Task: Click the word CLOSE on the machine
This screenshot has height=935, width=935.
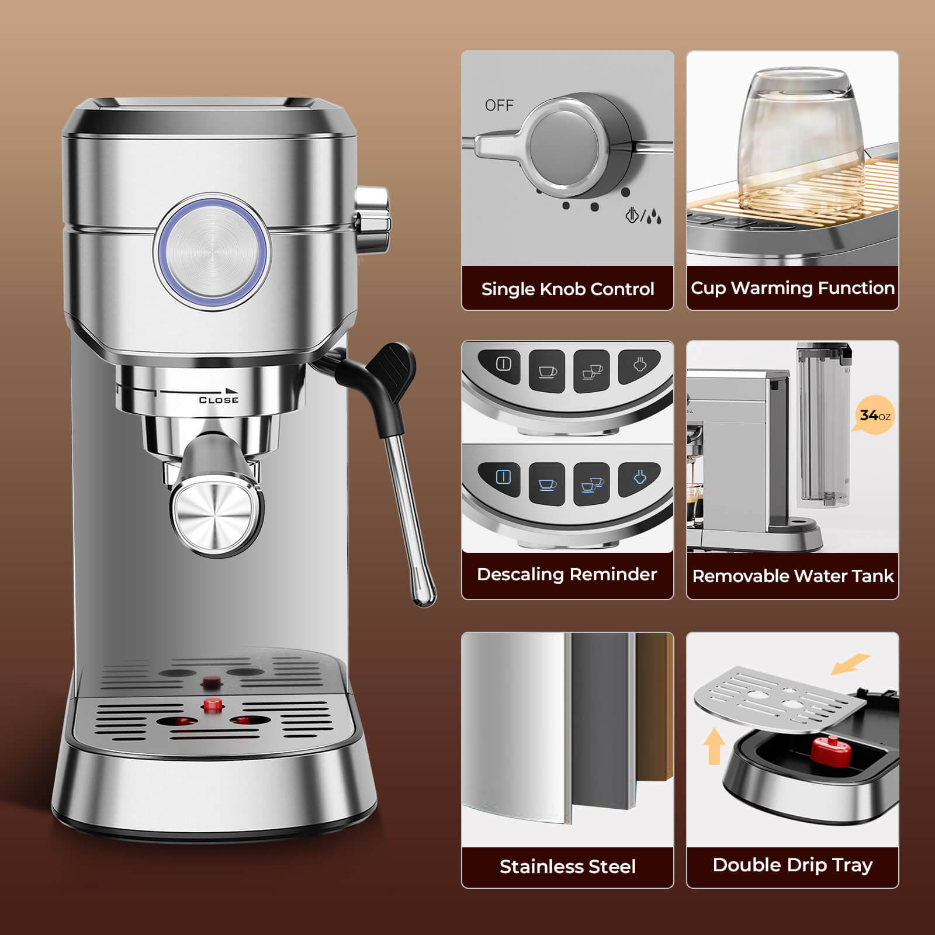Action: point(219,400)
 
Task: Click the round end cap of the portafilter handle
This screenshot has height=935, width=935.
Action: point(215,517)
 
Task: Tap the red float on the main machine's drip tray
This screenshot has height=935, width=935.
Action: point(213,704)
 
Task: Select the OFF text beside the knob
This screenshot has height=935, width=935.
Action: point(499,105)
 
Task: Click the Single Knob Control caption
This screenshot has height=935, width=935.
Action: point(567,289)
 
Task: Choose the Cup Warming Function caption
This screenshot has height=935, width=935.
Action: point(792,288)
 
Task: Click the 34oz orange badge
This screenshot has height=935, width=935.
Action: point(875,415)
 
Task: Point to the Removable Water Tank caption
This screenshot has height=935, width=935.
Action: point(792,576)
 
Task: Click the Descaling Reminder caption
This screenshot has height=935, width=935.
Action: point(567,574)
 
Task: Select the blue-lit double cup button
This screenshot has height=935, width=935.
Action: point(591,484)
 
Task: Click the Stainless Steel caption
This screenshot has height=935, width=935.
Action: point(567,866)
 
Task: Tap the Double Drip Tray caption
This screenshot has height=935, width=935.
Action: point(792,865)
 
